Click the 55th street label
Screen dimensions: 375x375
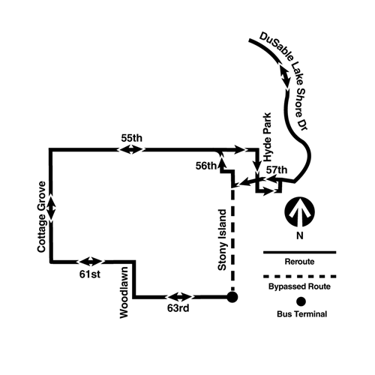(x=132, y=138)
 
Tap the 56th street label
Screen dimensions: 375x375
(x=206, y=166)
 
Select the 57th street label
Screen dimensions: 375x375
(x=277, y=170)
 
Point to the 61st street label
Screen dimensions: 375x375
(x=90, y=274)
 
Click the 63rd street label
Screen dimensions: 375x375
(x=178, y=308)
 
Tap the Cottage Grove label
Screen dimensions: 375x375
(x=42, y=217)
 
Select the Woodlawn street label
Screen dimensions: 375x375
(x=124, y=292)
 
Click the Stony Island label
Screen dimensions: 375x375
(x=222, y=240)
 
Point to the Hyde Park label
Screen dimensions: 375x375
(x=267, y=137)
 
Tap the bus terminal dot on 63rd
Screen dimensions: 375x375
(x=232, y=297)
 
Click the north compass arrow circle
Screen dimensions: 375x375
(x=299, y=212)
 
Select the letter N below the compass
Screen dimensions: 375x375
(x=300, y=235)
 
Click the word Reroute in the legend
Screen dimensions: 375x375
(x=299, y=262)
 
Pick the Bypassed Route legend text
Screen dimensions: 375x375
(x=299, y=286)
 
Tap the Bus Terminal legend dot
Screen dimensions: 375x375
(x=301, y=301)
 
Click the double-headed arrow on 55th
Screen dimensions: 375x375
(x=131, y=150)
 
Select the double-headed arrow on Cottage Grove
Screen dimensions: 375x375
(x=51, y=208)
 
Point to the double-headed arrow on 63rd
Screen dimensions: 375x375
(x=179, y=297)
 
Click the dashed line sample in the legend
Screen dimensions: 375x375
(x=299, y=277)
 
